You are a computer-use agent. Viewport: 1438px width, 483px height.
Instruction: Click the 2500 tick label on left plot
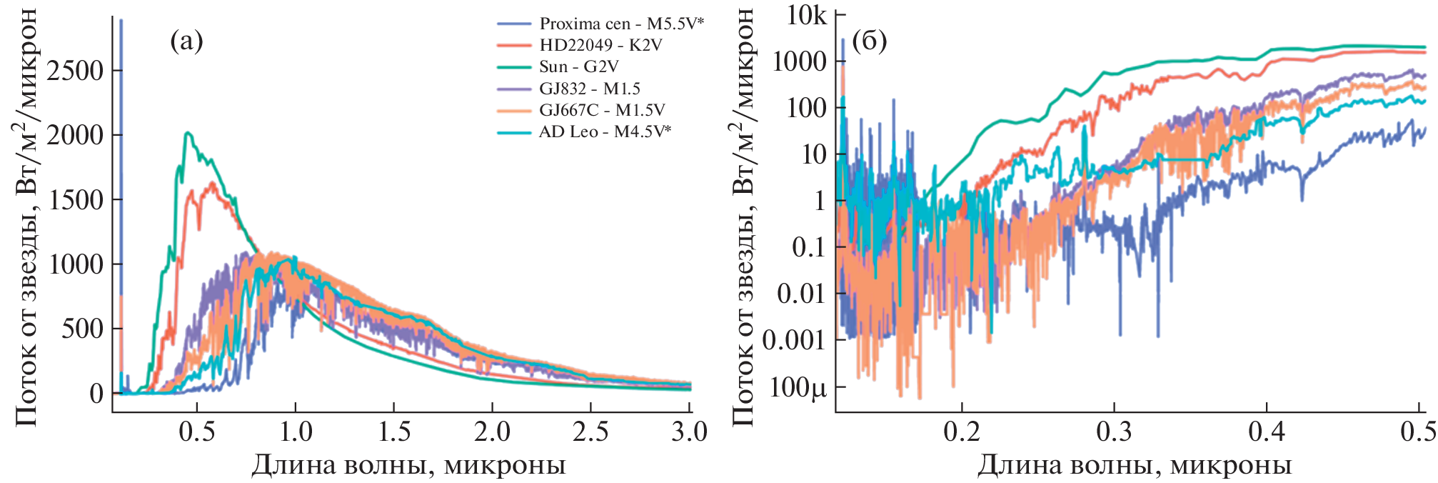click(75, 71)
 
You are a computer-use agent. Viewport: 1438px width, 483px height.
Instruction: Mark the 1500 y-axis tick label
click(75, 199)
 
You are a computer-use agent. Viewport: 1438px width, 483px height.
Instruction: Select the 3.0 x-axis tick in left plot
click(689, 432)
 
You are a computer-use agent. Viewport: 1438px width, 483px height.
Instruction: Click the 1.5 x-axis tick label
click(393, 432)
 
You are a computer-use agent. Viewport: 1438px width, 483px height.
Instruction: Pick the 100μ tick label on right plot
click(798, 387)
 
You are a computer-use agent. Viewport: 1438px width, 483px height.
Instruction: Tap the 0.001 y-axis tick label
click(793, 340)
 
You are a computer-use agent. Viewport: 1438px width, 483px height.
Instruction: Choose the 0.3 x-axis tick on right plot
click(1114, 432)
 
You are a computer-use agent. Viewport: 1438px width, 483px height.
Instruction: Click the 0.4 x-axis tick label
click(1266, 432)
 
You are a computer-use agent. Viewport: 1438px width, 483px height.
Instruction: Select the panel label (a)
click(186, 41)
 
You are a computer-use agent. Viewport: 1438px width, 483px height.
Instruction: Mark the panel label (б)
click(869, 41)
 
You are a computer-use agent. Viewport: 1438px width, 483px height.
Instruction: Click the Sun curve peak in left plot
click(187, 133)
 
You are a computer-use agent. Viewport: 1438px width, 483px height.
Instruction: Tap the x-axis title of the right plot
click(1134, 466)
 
